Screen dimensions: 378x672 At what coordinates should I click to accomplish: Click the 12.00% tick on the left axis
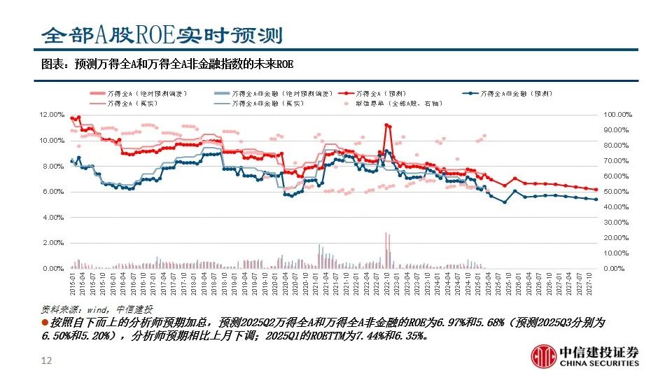pyautogui.click(x=52, y=114)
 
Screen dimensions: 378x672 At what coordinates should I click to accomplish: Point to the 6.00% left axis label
pyautogui.click(x=53, y=191)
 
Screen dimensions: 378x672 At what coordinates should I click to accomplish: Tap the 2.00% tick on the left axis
pyautogui.click(x=53, y=243)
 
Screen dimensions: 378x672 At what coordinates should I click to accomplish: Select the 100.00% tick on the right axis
pyautogui.click(x=619, y=114)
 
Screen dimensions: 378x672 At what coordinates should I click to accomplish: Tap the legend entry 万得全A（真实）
pyautogui.click(x=136, y=103)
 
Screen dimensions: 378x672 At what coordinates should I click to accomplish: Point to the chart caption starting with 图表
pyautogui.click(x=167, y=64)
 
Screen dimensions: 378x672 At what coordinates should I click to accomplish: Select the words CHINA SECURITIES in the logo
pyautogui.click(x=599, y=363)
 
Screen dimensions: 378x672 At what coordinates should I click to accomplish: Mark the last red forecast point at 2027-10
pyautogui.click(x=596, y=189)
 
